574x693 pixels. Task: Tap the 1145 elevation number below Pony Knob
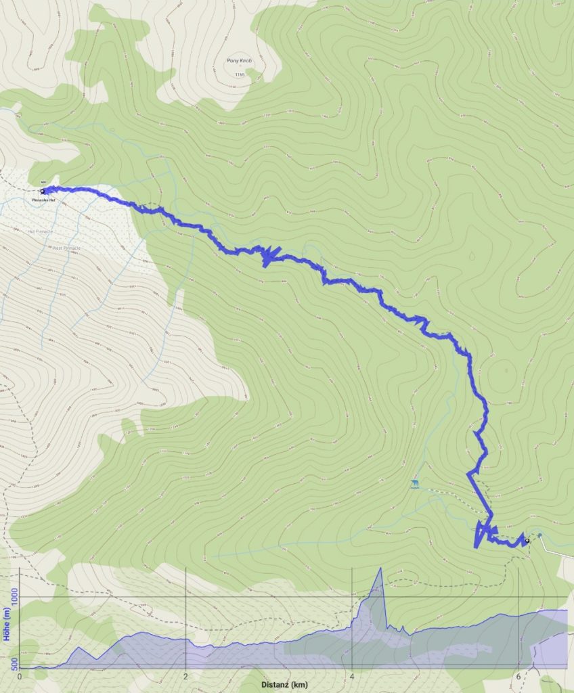[238, 74]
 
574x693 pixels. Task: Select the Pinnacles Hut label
[43, 200]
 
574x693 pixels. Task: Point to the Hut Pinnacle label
[40, 231]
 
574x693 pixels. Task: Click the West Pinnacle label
[66, 248]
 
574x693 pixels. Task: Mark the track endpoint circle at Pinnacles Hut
[43, 192]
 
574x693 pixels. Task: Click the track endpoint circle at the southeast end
[527, 541]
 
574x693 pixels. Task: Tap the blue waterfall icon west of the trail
[414, 483]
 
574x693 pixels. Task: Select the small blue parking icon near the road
[540, 535]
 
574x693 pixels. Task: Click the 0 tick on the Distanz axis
[20, 676]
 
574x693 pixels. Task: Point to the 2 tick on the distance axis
[185, 676]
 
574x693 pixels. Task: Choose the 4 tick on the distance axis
[352, 676]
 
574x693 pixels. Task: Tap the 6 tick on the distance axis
[518, 676]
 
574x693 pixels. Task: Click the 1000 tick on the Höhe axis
[14, 598]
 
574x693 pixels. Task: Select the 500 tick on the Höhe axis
[14, 667]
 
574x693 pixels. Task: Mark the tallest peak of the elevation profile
[380, 568]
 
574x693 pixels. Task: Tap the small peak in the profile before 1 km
[78, 648]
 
